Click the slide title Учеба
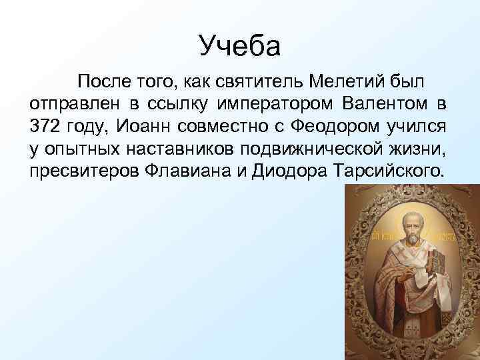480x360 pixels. (240, 46)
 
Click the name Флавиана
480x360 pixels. (189, 171)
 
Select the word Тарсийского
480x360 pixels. (387, 171)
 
